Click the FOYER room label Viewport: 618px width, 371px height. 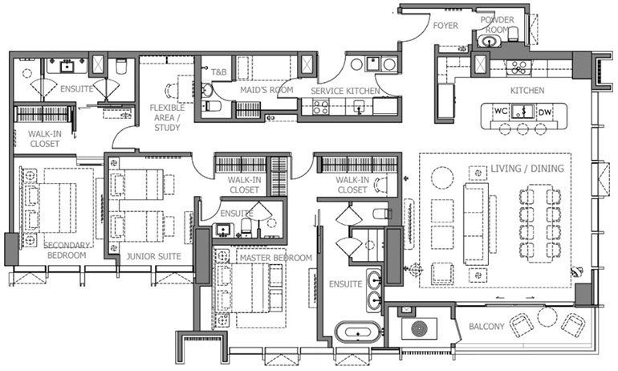pyautogui.click(x=445, y=26)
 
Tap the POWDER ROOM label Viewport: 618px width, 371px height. pyautogui.click(x=497, y=23)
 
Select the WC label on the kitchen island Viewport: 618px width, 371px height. pyautogui.click(x=498, y=112)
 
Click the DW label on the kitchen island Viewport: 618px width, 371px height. pyautogui.click(x=545, y=112)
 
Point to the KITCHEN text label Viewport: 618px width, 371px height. pyautogui.click(x=527, y=91)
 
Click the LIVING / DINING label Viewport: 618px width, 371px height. pyautogui.click(x=527, y=169)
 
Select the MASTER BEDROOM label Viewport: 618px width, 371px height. pyautogui.click(x=275, y=258)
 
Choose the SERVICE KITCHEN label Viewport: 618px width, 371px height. pyautogui.click(x=345, y=91)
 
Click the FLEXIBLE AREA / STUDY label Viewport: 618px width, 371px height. pyautogui.click(x=167, y=116)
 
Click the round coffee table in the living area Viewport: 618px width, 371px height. pyautogui.click(x=442, y=177)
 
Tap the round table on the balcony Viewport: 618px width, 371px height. pyautogui.click(x=548, y=316)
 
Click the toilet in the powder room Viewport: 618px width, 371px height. pyautogui.click(x=487, y=40)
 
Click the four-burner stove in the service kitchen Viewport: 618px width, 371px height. pyautogui.click(x=320, y=106)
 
